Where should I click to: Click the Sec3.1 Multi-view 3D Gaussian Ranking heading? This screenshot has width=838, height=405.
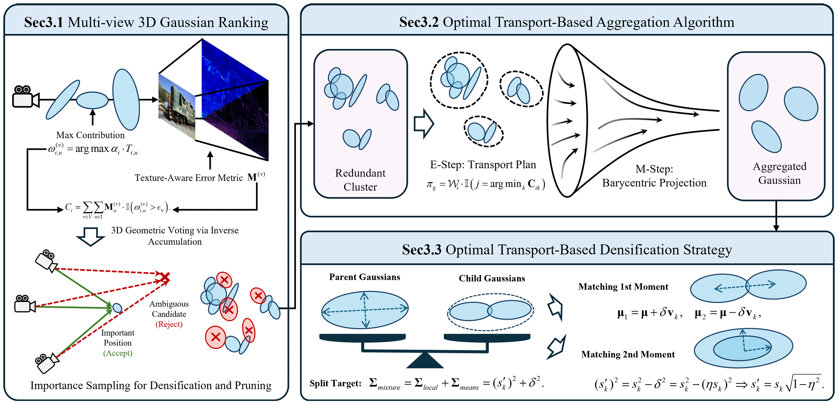[146, 22]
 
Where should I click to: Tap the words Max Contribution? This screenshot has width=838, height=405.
[90, 135]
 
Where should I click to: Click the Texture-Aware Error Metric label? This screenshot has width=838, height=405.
[189, 178]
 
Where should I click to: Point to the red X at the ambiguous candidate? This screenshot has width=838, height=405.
[165, 277]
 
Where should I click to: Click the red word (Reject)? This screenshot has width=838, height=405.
[169, 324]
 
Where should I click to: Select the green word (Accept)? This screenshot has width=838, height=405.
[118, 353]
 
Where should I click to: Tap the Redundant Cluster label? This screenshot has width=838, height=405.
[360, 180]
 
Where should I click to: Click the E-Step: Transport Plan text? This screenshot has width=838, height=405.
[483, 165]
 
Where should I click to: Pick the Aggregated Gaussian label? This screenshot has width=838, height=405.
[779, 173]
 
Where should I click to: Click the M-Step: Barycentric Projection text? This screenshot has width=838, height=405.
[654, 176]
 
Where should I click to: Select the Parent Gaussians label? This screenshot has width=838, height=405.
[365, 277]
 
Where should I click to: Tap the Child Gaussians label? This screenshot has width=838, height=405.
[492, 279]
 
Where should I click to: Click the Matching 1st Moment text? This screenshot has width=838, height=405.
[623, 287]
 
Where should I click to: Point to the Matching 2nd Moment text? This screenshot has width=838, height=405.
[628, 355]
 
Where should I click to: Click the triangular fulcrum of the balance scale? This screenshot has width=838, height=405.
[425, 360]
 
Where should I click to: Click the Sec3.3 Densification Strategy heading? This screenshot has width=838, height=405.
[567, 250]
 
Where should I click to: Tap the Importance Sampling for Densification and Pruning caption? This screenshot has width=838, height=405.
[151, 386]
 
